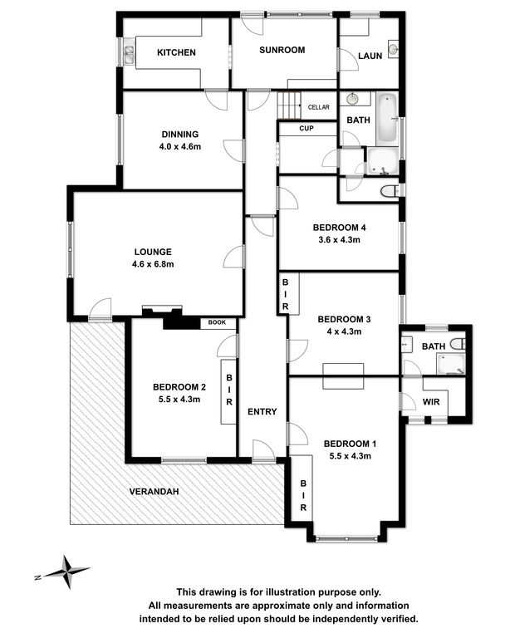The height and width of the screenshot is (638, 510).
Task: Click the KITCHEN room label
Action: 176,52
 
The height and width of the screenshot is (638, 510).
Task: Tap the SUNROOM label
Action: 282,50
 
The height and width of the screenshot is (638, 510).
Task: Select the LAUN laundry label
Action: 370,56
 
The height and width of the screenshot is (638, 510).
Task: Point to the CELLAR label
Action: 318,107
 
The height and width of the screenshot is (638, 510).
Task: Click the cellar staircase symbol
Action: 289,105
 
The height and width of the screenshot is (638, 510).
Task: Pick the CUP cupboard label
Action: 306,128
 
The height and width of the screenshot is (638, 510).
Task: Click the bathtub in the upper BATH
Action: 387,119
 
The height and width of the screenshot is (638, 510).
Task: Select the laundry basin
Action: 393,50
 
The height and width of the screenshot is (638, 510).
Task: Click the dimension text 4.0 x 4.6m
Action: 180,146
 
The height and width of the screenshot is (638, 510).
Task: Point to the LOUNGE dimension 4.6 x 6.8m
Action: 153,264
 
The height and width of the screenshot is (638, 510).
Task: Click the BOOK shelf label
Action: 217,322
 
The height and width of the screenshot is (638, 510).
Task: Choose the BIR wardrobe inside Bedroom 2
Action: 228,391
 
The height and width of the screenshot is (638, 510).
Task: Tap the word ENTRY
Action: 262,412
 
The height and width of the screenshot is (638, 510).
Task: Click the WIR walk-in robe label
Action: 431,402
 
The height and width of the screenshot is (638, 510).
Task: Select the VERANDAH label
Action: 154,492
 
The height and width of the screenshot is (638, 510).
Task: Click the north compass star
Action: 66,572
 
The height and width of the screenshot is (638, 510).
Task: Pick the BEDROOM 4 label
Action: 339,228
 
